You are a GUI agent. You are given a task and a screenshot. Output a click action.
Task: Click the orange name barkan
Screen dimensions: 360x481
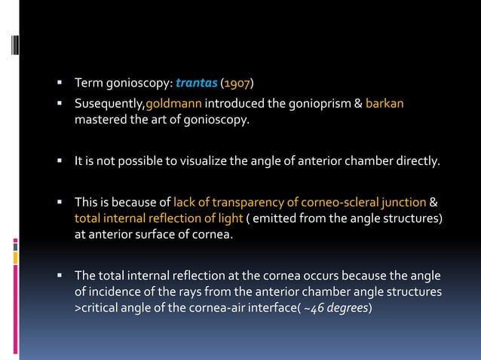[x=385, y=103]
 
